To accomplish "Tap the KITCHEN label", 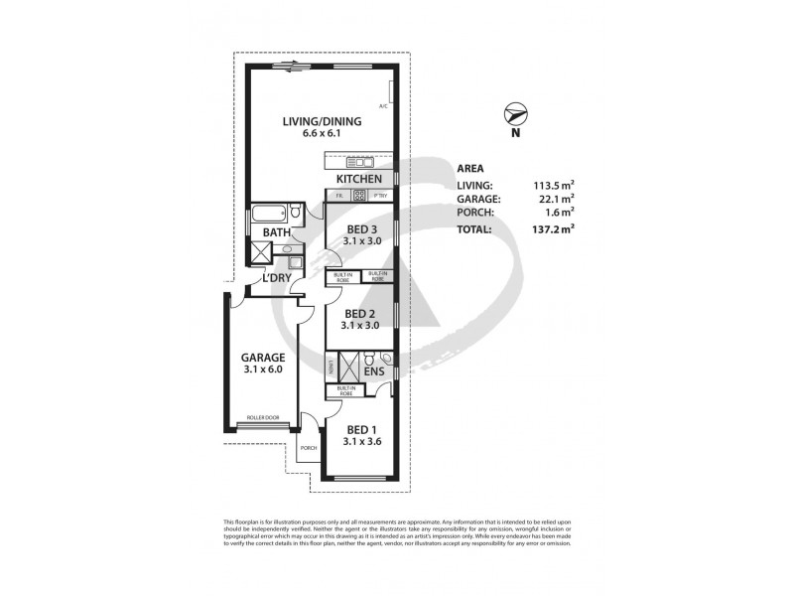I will [x=358, y=179].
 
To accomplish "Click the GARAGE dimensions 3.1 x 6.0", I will [x=263, y=370].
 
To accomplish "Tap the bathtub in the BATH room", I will [x=267, y=213].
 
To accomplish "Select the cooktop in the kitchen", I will [x=358, y=196].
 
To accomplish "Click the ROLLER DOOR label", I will [x=263, y=418].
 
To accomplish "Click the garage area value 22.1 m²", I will [x=553, y=198].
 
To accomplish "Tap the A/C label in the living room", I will [x=382, y=106].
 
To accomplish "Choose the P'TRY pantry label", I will [x=380, y=196].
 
